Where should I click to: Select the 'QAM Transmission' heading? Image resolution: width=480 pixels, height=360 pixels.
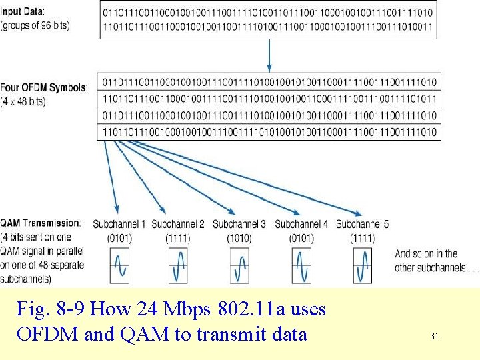(41, 223)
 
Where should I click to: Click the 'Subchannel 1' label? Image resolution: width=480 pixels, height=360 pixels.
(119, 224)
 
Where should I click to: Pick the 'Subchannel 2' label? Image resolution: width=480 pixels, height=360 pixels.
(178, 224)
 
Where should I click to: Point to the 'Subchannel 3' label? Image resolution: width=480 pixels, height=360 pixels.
(239, 224)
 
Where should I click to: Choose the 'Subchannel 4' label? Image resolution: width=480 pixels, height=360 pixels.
(301, 224)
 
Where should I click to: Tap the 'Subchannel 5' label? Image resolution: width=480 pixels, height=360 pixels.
(363, 224)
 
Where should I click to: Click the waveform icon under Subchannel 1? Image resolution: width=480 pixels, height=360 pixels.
(120, 265)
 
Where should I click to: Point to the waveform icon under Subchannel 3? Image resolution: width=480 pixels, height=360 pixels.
(239, 265)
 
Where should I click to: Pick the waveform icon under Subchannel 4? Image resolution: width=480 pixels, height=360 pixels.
(301, 265)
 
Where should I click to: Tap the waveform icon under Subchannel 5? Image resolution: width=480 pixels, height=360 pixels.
(363, 265)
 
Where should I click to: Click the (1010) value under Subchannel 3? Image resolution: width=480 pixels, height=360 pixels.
(239, 238)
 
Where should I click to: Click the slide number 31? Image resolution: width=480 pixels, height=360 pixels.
(434, 337)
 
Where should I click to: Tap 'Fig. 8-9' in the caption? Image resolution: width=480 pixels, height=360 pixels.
(51, 309)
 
